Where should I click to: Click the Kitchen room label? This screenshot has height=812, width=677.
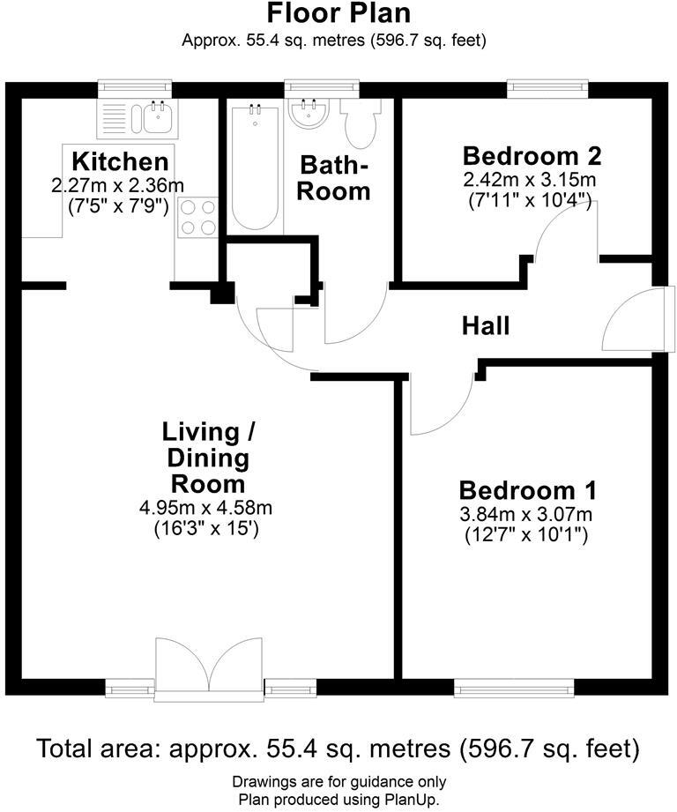click(x=119, y=162)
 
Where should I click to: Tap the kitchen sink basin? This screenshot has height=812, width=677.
click(x=160, y=116)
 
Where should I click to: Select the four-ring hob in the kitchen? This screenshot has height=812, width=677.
click(x=197, y=217)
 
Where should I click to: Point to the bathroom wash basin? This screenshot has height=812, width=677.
click(x=308, y=114)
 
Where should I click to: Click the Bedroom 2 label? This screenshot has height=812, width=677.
click(x=532, y=157)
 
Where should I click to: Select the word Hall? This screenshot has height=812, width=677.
click(x=486, y=326)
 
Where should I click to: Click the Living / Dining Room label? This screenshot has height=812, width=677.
click(x=207, y=458)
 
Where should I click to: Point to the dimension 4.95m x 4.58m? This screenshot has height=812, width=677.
click(x=206, y=509)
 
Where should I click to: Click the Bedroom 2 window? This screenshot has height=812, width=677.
click(x=548, y=86)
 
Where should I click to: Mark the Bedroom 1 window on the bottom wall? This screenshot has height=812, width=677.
click(x=514, y=687)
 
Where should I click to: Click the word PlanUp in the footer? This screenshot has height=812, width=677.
click(x=409, y=799)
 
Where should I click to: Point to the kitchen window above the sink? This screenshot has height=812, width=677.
click(x=133, y=86)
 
